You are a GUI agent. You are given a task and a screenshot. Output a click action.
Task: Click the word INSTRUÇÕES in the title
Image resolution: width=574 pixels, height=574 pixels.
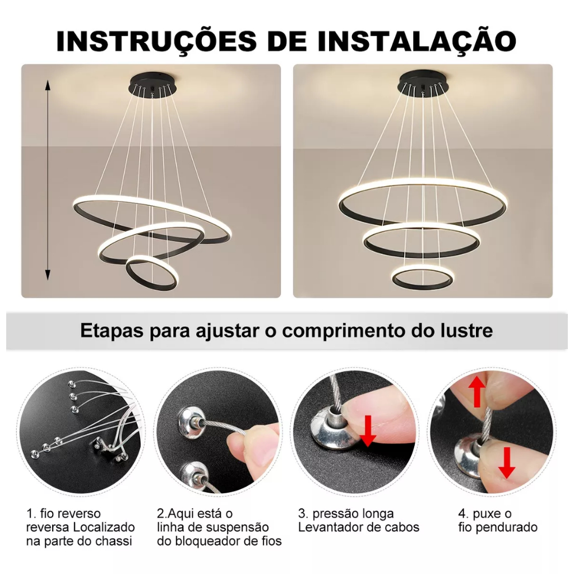[x=157, y=41]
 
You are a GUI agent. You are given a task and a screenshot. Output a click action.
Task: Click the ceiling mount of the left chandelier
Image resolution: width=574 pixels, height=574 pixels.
[x=152, y=84]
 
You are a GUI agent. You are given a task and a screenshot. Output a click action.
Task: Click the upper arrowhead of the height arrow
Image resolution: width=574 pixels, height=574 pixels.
[x=47, y=86]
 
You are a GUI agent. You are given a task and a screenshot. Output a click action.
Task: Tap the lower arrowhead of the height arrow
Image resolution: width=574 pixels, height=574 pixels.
[x=47, y=275]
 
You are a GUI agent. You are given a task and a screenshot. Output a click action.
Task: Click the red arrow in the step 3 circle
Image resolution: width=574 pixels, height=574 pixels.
[x=368, y=431]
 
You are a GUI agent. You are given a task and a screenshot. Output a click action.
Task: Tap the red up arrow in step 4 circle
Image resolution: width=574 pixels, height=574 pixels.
[x=476, y=392]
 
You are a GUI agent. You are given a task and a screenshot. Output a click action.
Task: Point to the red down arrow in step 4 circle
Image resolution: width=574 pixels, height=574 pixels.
[x=507, y=462]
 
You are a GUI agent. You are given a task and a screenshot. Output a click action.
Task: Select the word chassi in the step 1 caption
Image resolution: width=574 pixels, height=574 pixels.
[x=113, y=541]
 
